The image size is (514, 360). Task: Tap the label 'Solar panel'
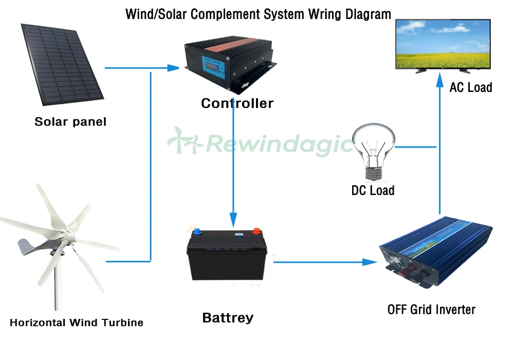click(x=70, y=122)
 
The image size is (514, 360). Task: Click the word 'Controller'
click(x=237, y=103)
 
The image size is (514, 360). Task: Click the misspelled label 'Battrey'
click(x=228, y=318)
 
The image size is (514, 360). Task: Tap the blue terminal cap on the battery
click(x=196, y=231)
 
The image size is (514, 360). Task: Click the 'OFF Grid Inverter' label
click(x=431, y=310)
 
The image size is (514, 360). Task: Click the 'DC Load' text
click(x=373, y=191)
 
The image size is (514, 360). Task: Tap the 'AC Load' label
click(x=470, y=87)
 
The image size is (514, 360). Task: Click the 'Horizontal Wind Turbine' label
click(x=77, y=323)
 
